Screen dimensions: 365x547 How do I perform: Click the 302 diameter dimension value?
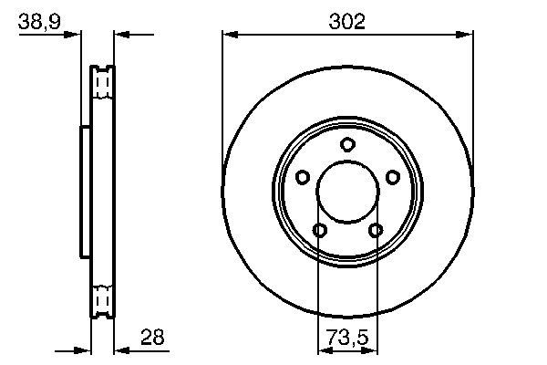point(347,22)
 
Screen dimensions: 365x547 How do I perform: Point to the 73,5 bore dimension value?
point(347,338)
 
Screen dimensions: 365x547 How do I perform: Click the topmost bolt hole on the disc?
point(347,144)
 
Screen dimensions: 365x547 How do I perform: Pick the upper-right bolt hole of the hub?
point(393,177)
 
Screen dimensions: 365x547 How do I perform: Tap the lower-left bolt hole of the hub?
point(319,230)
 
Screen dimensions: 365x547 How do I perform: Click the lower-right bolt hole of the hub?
point(376,230)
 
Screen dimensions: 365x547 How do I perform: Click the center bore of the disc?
point(347,192)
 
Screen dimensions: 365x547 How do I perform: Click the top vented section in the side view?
point(102,84)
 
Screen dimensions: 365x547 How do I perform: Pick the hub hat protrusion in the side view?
point(85,192)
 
